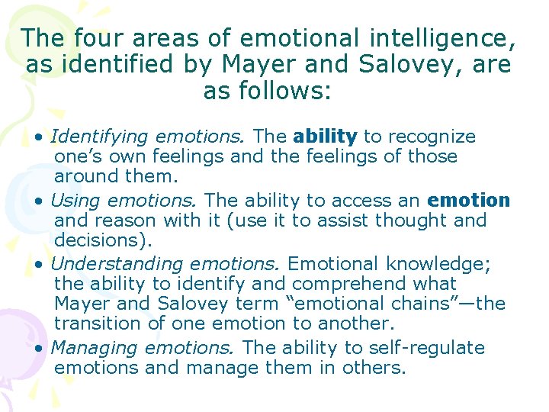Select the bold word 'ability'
coord(325,137)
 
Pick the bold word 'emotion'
coord(469,201)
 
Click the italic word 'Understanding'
coord(117,265)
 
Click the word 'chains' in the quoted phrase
coord(431,304)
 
